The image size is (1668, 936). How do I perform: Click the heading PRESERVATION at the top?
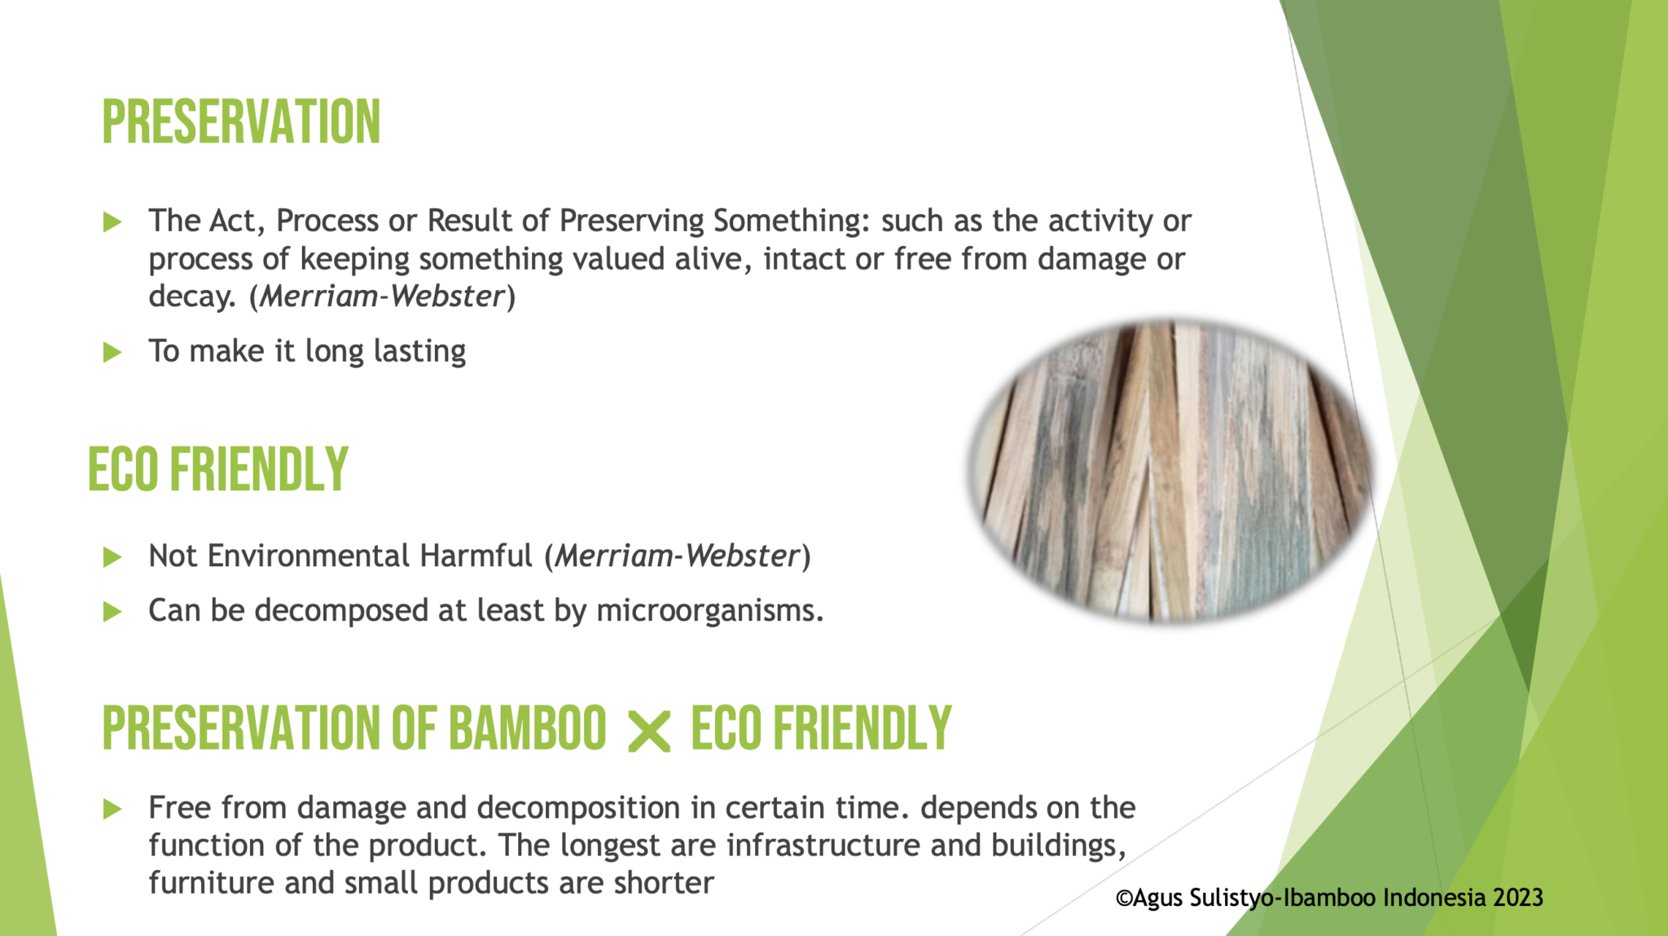point(241,122)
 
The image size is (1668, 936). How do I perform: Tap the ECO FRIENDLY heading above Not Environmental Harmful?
point(218,470)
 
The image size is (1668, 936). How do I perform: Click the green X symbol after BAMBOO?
point(649,731)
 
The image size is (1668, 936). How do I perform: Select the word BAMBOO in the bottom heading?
point(527,727)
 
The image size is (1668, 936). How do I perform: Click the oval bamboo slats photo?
point(1171,471)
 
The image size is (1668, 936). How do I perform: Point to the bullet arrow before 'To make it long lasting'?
point(112,353)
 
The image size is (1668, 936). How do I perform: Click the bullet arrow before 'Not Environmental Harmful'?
point(112,557)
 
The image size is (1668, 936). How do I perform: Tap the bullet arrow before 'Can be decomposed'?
point(112,612)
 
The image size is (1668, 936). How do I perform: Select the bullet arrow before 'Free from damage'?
point(112,809)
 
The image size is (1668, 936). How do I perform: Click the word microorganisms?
point(709,610)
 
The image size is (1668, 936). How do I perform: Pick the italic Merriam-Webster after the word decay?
point(382,297)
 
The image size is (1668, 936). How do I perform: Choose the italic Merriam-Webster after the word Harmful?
point(677,556)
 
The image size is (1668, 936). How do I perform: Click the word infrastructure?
point(823,846)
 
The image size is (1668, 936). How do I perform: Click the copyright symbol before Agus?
point(1124,899)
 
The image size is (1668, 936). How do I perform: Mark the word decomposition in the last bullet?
point(578,808)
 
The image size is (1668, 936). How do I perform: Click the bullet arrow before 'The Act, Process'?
point(112,222)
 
